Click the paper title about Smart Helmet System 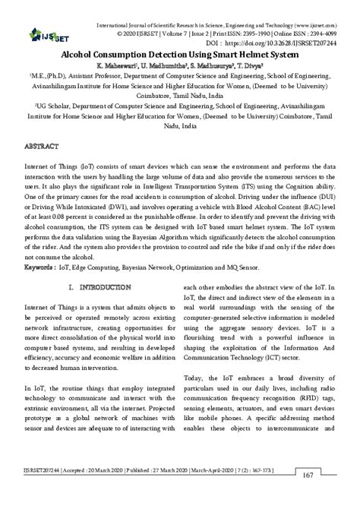pyautogui.click(x=180, y=56)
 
